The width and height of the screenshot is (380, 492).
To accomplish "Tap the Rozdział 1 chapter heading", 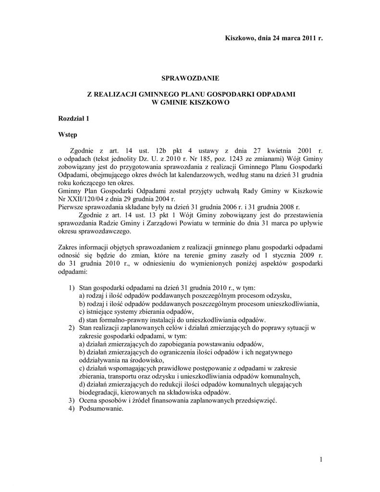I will coord(74,118).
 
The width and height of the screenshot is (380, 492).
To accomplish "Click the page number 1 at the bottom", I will coord(320,460).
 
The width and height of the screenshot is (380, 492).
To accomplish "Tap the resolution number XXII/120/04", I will coord(87,198).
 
